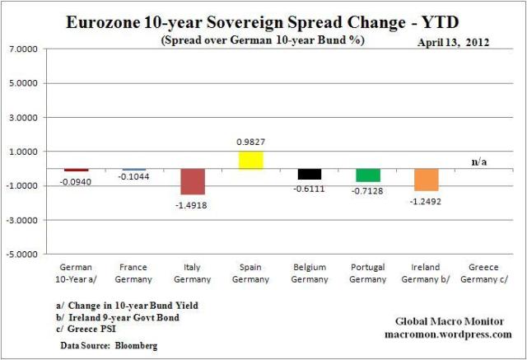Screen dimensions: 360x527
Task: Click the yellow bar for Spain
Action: click(251, 160)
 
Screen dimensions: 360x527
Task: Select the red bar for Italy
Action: click(193, 181)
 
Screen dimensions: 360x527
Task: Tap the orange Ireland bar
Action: click(427, 180)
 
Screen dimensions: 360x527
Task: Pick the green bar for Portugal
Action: click(368, 175)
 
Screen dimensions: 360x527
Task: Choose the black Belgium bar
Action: click(310, 174)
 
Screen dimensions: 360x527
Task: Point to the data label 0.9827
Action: click(251, 142)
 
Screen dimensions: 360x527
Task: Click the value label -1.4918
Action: click(193, 203)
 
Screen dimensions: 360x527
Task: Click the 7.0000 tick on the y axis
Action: click(27, 49)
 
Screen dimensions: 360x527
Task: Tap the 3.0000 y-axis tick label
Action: click(27, 118)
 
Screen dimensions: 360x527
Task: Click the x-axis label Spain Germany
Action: click(251, 273)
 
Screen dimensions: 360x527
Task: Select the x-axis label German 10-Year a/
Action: click(76, 273)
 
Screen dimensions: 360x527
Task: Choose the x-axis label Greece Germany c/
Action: click(485, 273)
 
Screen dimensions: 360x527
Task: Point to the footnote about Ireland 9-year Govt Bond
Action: click(113, 317)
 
